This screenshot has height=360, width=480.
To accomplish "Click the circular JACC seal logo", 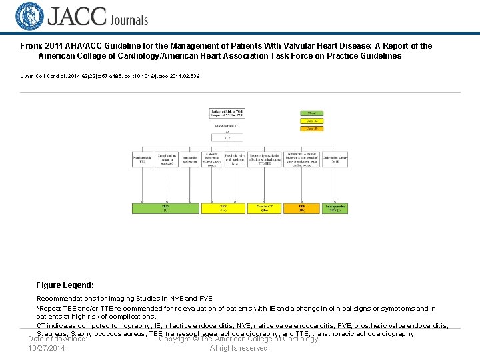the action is click(x=29, y=17).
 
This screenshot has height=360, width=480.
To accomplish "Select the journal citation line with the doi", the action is click(x=111, y=76).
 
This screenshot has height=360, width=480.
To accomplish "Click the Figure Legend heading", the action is click(x=65, y=285).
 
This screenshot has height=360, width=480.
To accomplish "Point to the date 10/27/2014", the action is click(x=47, y=348).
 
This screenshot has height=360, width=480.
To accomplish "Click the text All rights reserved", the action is click(x=239, y=348).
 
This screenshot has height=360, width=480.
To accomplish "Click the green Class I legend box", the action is click(x=311, y=113).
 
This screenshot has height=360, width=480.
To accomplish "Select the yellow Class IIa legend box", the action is click(x=311, y=121).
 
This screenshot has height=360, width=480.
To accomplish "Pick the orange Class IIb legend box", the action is click(x=311, y=129).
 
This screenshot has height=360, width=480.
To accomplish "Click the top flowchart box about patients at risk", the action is click(x=227, y=113).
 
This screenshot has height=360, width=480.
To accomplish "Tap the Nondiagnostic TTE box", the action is click(x=142, y=159).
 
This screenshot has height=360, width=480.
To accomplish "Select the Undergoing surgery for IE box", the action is click(x=335, y=159).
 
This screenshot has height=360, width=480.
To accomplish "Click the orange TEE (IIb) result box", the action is click(x=301, y=208).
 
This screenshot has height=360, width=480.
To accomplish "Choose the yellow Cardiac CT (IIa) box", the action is click(x=262, y=208).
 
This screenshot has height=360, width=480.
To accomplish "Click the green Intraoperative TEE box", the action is click(x=335, y=208).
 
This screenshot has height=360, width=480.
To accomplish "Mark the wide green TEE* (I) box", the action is click(x=165, y=208).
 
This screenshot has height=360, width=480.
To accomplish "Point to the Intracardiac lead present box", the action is click(x=190, y=159).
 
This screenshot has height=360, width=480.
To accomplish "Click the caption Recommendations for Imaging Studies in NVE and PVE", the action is click(x=125, y=298).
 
